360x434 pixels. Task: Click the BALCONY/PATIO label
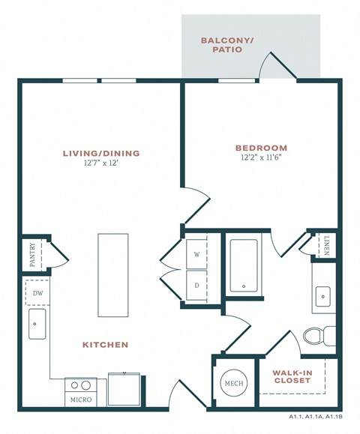[228, 46]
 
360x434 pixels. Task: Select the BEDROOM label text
[261, 148]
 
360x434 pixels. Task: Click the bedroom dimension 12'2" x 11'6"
[261, 158]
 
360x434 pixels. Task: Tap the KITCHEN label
[105, 345]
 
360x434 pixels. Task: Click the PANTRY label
[32, 254]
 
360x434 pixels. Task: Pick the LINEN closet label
[327, 246]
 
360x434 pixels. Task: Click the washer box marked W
[197, 254]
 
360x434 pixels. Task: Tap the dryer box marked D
[197, 285]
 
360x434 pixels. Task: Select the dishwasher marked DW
[37, 293]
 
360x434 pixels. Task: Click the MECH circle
[232, 383]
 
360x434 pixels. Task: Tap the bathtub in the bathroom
[245, 265]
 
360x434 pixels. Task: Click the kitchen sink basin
[37, 324]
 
